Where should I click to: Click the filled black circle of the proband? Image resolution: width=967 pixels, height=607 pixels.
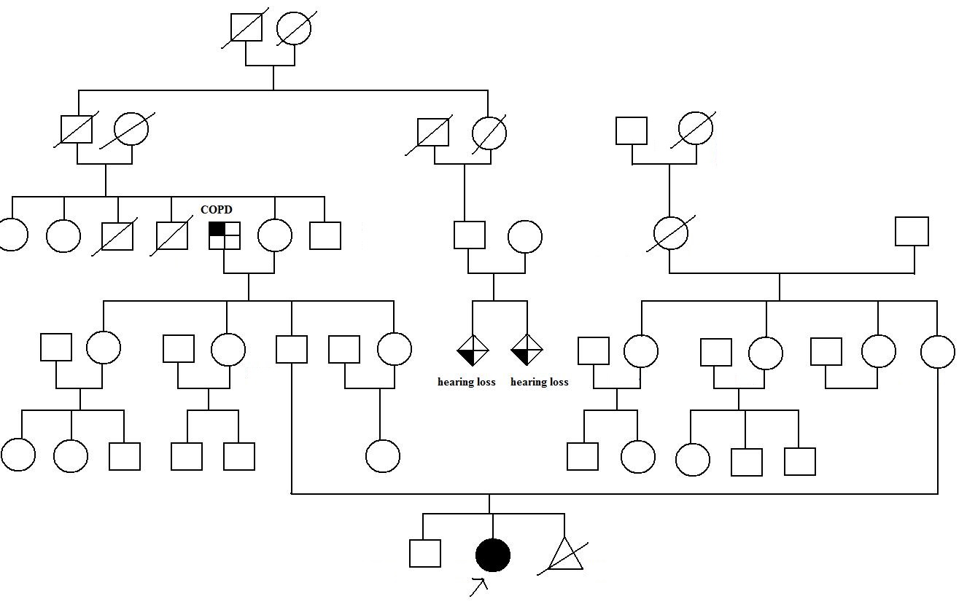[x=493, y=555]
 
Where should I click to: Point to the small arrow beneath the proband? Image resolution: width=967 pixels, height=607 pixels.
[x=479, y=586]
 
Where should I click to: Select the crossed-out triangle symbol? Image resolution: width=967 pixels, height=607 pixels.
[x=565, y=556]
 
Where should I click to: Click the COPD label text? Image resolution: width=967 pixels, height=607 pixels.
[x=217, y=210]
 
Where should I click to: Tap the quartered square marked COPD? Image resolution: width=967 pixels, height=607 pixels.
[x=225, y=235]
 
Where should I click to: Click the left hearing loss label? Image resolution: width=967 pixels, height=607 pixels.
[x=466, y=382]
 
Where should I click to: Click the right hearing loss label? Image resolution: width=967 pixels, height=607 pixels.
[x=539, y=382]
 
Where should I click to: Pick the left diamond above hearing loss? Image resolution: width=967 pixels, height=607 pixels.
[x=473, y=351]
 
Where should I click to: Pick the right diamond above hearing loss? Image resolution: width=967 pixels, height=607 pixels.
[x=527, y=351]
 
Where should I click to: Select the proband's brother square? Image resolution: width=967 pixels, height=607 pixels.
[x=425, y=553]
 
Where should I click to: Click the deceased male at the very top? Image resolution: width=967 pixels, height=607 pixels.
[x=246, y=28]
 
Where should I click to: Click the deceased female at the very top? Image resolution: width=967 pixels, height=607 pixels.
[x=294, y=28]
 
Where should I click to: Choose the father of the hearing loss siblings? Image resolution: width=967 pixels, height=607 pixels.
[x=470, y=235]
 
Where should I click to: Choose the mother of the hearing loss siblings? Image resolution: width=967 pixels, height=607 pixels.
[x=524, y=237]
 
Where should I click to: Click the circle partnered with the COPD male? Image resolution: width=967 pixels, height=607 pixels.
[x=275, y=235]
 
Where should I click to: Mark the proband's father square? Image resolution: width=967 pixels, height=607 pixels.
[x=292, y=348]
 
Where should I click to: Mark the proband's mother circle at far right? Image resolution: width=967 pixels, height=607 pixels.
[x=938, y=351]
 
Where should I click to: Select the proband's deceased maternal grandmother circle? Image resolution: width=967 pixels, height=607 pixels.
[x=671, y=234]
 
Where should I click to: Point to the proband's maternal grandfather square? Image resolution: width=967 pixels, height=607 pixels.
[x=912, y=232]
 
